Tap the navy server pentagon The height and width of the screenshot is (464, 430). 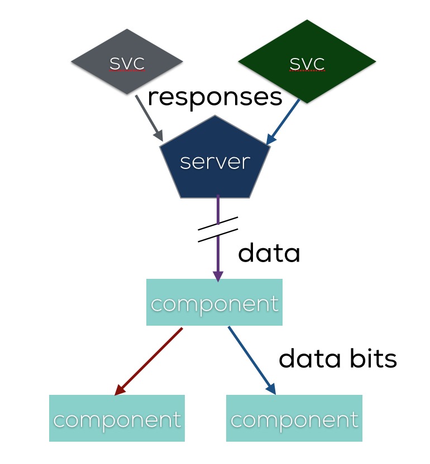click(215, 162)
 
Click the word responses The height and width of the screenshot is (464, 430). click(215, 97)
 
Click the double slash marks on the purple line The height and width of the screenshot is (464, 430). click(218, 229)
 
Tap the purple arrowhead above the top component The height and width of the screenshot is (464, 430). click(218, 275)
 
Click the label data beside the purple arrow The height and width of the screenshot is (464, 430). click(269, 253)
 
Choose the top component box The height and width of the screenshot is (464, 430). click(214, 303)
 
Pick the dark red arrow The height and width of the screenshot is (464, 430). click(149, 361)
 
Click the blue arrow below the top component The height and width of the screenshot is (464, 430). click(251, 360)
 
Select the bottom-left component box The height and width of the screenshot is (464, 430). click(117, 419)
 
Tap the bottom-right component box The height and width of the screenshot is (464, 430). click(294, 419)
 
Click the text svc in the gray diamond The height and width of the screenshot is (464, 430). click(127, 64)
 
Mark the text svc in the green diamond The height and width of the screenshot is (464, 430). click(307, 64)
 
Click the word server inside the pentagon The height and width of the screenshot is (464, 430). click(215, 162)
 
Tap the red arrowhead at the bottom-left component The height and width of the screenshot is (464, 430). click(119, 391)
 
